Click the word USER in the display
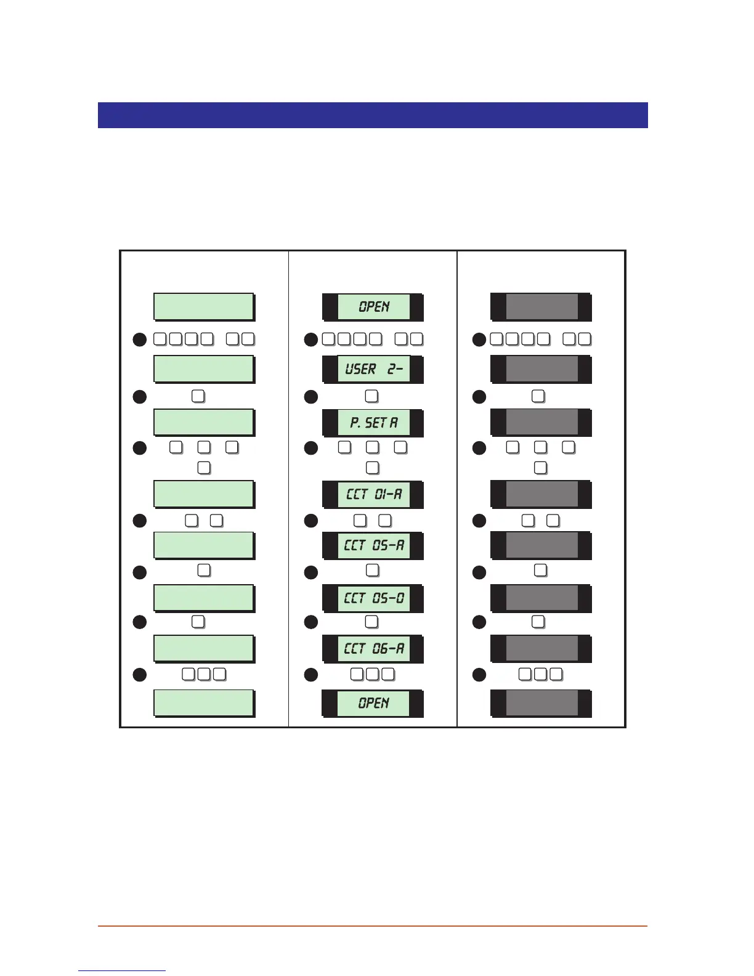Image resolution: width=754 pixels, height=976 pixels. (x=361, y=369)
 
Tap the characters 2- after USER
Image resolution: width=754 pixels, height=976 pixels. (x=395, y=369)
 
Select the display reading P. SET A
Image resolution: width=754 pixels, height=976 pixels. (x=373, y=422)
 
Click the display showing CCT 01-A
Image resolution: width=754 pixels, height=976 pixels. (x=373, y=494)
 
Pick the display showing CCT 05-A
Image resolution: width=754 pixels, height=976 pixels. (x=373, y=545)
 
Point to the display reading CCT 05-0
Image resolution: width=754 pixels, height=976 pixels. (x=373, y=598)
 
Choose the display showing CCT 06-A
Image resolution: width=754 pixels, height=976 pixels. (x=373, y=648)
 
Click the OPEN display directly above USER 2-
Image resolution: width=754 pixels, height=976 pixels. (x=373, y=307)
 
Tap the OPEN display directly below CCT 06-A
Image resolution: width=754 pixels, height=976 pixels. (x=373, y=703)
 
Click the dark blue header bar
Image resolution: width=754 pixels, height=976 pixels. (x=373, y=115)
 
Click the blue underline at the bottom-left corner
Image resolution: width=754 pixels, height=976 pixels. (x=122, y=971)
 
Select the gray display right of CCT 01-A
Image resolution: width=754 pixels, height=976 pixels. (x=541, y=494)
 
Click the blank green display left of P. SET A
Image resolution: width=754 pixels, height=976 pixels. (x=203, y=422)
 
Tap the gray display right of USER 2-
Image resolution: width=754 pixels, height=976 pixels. (x=541, y=369)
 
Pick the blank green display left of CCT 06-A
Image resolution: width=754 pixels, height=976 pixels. (x=203, y=648)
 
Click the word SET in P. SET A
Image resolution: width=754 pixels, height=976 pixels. (x=376, y=423)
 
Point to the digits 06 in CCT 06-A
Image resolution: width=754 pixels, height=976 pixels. (x=380, y=648)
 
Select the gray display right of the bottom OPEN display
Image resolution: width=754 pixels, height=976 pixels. (x=541, y=703)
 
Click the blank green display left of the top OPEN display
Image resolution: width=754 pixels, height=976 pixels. (x=203, y=307)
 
